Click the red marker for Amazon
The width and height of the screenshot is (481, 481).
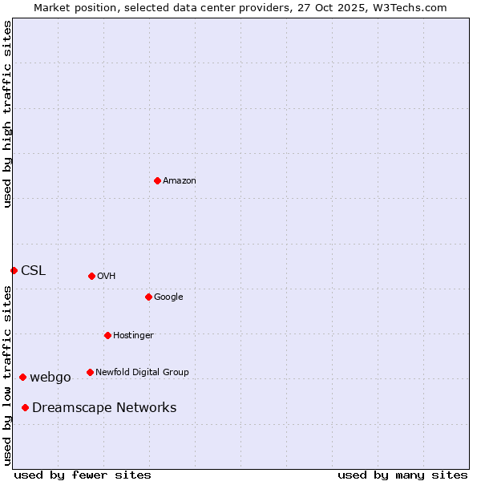[157, 180]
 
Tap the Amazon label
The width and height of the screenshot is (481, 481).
[180, 181]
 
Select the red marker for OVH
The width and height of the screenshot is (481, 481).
[91, 276]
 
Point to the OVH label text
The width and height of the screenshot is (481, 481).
[107, 277]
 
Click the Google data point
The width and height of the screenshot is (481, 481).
[148, 297]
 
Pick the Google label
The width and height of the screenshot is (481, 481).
[168, 297]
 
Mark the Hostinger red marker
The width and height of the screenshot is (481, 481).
[107, 335]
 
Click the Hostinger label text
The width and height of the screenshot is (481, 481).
[133, 336]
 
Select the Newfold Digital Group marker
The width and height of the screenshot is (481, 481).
[90, 372]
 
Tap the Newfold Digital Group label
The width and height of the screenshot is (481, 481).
[142, 373]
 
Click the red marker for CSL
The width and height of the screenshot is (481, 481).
[14, 270]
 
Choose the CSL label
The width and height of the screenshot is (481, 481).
[33, 271]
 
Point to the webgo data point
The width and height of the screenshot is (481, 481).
[22, 377]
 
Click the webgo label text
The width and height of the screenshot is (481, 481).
[51, 378]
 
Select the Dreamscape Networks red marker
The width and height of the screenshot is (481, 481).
[25, 407]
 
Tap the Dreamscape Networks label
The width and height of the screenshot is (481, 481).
[104, 408]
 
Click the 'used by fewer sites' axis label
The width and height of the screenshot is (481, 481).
[83, 475]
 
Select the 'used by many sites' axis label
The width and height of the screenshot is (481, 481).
[402, 475]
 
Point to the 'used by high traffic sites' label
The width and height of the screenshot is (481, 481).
[8, 114]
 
